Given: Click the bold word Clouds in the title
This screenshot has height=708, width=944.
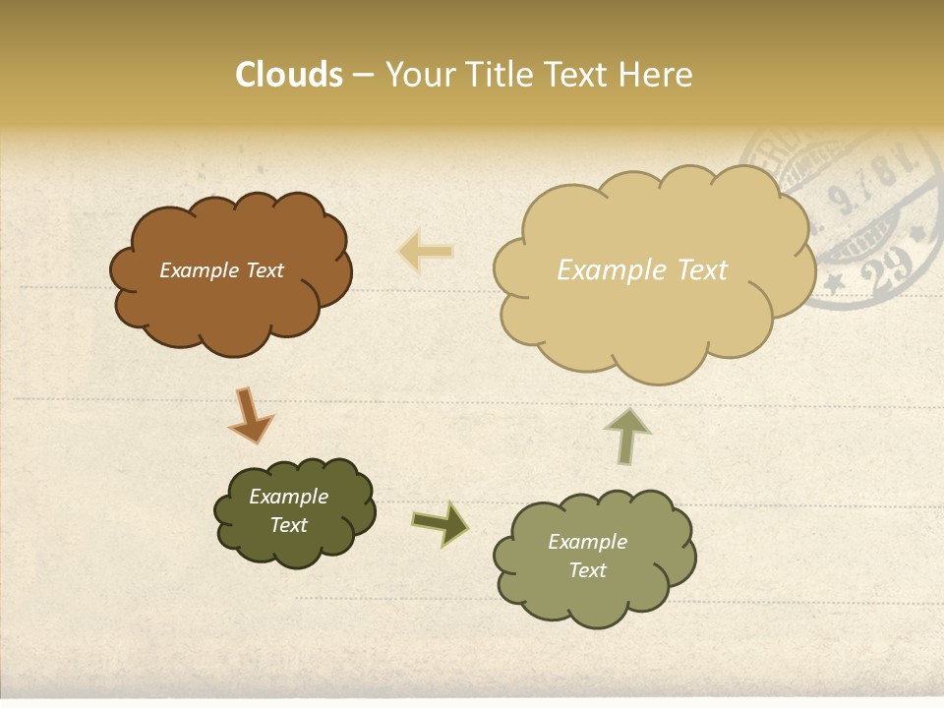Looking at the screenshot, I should point(289,75).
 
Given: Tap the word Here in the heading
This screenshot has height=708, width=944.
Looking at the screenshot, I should point(657,75).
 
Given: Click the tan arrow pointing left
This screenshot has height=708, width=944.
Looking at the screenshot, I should point(425,251).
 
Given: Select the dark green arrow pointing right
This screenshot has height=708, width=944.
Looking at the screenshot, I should point(440,523).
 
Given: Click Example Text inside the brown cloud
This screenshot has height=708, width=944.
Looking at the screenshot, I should point(221,270).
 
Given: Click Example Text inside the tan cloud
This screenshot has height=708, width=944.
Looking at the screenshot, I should point(642,270).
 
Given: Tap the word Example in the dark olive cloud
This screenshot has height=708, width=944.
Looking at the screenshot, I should point(288,497).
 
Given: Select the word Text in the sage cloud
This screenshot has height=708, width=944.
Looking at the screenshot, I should point(587,570).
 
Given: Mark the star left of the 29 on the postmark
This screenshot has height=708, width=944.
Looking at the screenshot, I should point(834,284).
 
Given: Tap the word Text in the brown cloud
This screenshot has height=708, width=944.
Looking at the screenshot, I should point(263,270).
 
